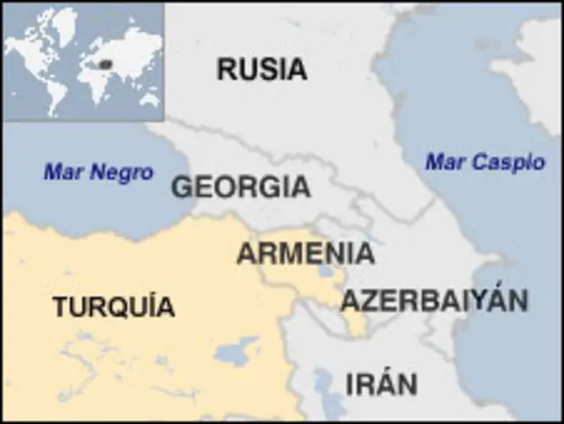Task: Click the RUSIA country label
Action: click(x=262, y=69)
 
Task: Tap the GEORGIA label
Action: click(x=241, y=187)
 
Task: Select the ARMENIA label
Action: click(x=305, y=253)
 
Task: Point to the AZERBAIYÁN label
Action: click(x=434, y=301)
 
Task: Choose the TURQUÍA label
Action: click(x=113, y=307)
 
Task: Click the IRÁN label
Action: click(x=381, y=384)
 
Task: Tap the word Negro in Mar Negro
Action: click(x=121, y=173)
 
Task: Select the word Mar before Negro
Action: click(x=63, y=173)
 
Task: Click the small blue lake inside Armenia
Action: click(x=326, y=272)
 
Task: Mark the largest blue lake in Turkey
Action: click(x=236, y=353)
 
